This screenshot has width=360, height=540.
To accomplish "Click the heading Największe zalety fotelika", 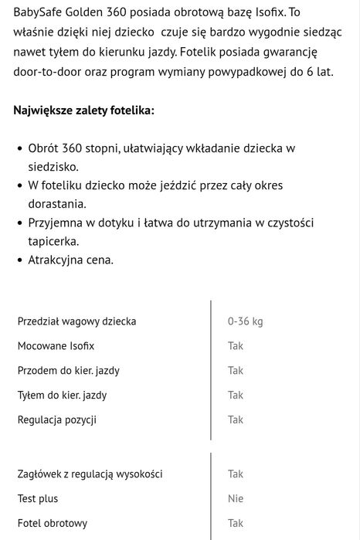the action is click(x=83, y=110).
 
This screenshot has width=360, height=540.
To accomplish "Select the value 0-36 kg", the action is click(x=245, y=321).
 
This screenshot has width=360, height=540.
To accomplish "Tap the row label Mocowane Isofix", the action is click(x=56, y=346).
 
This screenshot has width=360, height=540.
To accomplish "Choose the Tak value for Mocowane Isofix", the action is click(x=235, y=346).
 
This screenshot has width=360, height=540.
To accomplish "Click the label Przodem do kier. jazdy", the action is click(x=69, y=371).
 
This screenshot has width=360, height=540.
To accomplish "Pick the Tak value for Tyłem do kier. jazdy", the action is click(x=235, y=396).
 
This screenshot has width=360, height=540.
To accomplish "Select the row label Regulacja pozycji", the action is click(x=57, y=420).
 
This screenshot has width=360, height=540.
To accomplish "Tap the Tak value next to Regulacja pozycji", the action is click(x=235, y=420).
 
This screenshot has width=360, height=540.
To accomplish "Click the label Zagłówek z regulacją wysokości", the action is click(x=90, y=474).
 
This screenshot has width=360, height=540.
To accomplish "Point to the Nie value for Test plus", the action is click(x=235, y=499).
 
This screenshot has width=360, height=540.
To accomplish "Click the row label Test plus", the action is click(x=38, y=499).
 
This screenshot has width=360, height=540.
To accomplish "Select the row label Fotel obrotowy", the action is click(x=53, y=524).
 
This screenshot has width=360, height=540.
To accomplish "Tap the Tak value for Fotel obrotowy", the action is click(x=235, y=524).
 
